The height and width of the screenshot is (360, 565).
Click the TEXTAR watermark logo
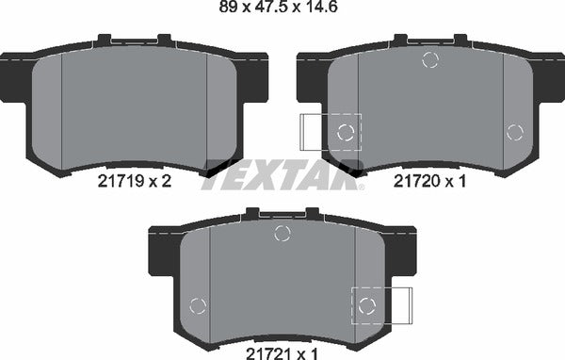coord(282,175)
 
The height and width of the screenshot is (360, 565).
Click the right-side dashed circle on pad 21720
coord(514,132)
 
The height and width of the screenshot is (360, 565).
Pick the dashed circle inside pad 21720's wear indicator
coord(346,131)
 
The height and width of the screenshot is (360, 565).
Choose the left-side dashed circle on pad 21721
coord(198,304)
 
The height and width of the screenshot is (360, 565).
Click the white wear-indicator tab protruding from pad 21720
coord(312,131)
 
